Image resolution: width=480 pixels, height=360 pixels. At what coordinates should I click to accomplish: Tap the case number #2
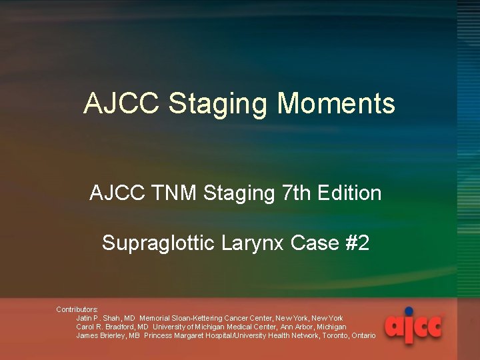click(357, 243)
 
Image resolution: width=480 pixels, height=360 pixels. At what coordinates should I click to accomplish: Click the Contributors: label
click(77, 309)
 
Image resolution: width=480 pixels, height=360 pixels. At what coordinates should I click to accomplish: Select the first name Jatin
click(84, 318)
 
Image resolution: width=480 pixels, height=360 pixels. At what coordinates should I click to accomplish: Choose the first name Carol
click(85, 327)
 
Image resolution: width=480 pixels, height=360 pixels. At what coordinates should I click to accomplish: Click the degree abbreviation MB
click(135, 335)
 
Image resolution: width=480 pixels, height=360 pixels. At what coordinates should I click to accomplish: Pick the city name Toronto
click(333, 335)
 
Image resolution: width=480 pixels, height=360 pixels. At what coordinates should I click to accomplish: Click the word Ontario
click(363, 335)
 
